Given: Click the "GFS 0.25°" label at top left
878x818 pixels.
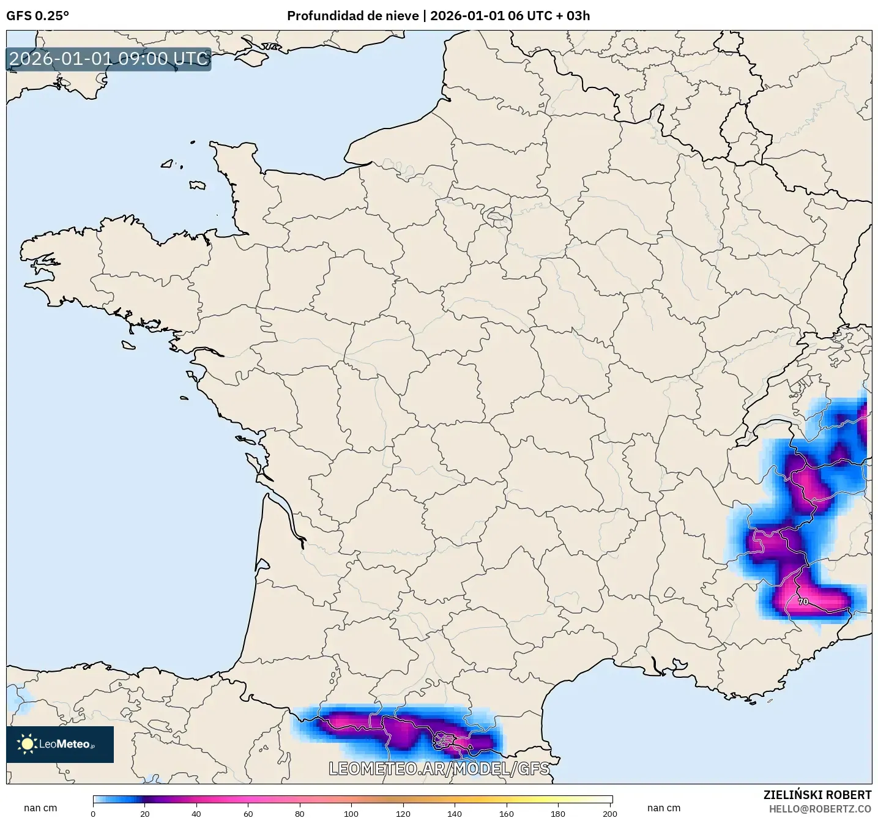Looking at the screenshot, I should pyautogui.click(x=37, y=16).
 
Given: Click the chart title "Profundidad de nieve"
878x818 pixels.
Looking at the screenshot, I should pyautogui.click(x=353, y=16).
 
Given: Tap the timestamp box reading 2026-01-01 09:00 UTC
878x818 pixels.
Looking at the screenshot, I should pyautogui.click(x=109, y=59).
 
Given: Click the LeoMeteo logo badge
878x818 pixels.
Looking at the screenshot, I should pyautogui.click(x=60, y=744).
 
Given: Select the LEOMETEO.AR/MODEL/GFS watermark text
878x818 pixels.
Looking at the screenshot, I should pyautogui.click(x=439, y=768).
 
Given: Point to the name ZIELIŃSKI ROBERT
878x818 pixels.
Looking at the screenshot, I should pyautogui.click(x=817, y=795).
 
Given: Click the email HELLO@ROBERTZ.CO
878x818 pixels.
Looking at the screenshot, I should pyautogui.click(x=820, y=809).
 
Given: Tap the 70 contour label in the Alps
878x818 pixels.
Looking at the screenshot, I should pyautogui.click(x=803, y=601).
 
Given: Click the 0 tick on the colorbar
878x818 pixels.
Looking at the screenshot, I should pyautogui.click(x=93, y=813).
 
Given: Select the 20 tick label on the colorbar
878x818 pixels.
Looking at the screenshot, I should pyautogui.click(x=144, y=813).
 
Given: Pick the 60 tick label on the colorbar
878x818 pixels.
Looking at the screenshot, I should pyautogui.click(x=248, y=813).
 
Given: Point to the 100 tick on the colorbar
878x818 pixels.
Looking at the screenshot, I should pyautogui.click(x=351, y=813).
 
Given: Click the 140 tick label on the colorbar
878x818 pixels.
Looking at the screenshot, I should pyautogui.click(x=455, y=813).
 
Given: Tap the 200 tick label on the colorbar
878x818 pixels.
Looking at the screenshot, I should pyautogui.click(x=609, y=813).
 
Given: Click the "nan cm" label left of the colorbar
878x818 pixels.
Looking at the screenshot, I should pyautogui.click(x=40, y=808).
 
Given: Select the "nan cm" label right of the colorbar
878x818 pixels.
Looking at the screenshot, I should pyautogui.click(x=664, y=808).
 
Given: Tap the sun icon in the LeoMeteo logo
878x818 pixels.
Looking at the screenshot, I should pyautogui.click(x=27, y=744).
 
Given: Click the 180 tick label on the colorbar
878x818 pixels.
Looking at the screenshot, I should pyautogui.click(x=558, y=813).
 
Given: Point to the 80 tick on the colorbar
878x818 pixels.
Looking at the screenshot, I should pyautogui.click(x=299, y=813).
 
